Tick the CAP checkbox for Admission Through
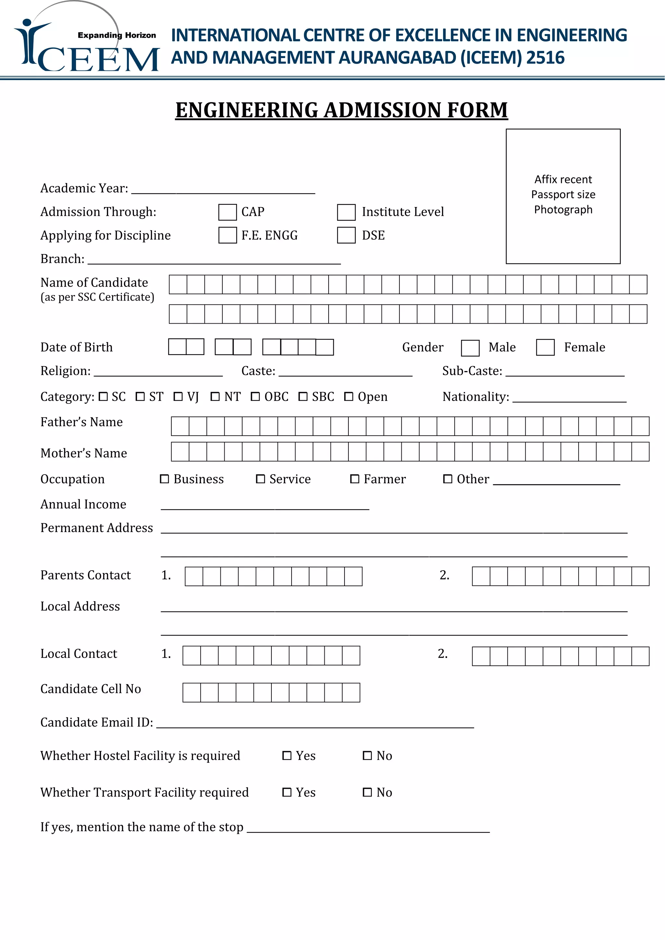pyautogui.click(x=227, y=212)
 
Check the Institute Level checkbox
pyautogui.click(x=346, y=212)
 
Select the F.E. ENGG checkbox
pyautogui.click(x=227, y=235)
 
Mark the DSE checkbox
pyautogui.click(x=346, y=235)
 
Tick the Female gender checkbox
pyautogui.click(x=545, y=348)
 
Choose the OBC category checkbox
pyautogui.click(x=255, y=397)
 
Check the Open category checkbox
pyautogui.click(x=348, y=397)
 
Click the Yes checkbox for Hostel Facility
pyautogui.click(x=287, y=756)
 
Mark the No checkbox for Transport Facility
pyautogui.click(x=367, y=792)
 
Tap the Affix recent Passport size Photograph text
pyautogui.click(x=563, y=194)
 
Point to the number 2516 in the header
pyautogui.click(x=546, y=58)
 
